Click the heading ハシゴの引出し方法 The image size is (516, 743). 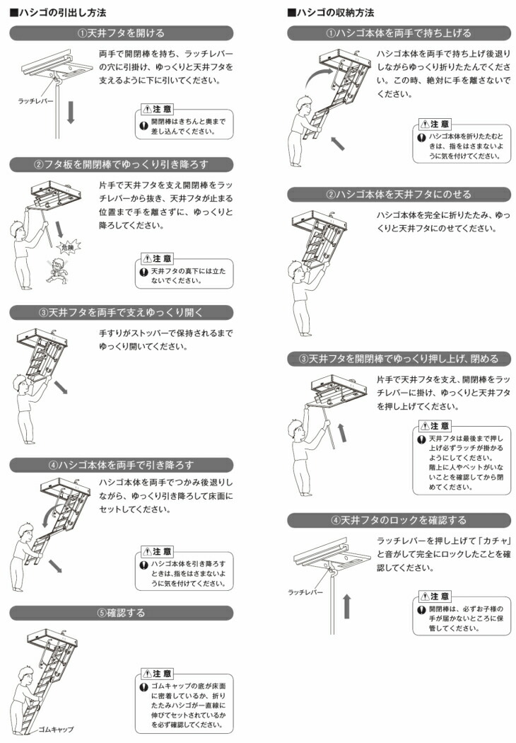coord(54,13)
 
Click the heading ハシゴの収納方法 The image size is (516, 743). coord(332,13)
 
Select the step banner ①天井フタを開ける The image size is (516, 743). coord(121,33)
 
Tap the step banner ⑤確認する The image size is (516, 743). coord(121,613)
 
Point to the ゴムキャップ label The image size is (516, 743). coord(56,728)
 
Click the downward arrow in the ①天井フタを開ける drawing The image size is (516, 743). coord(70,113)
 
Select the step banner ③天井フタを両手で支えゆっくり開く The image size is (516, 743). coord(121,312)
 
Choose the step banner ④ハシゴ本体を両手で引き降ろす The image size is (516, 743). coord(121,464)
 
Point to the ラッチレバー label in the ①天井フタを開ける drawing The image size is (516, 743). coord(35,101)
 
